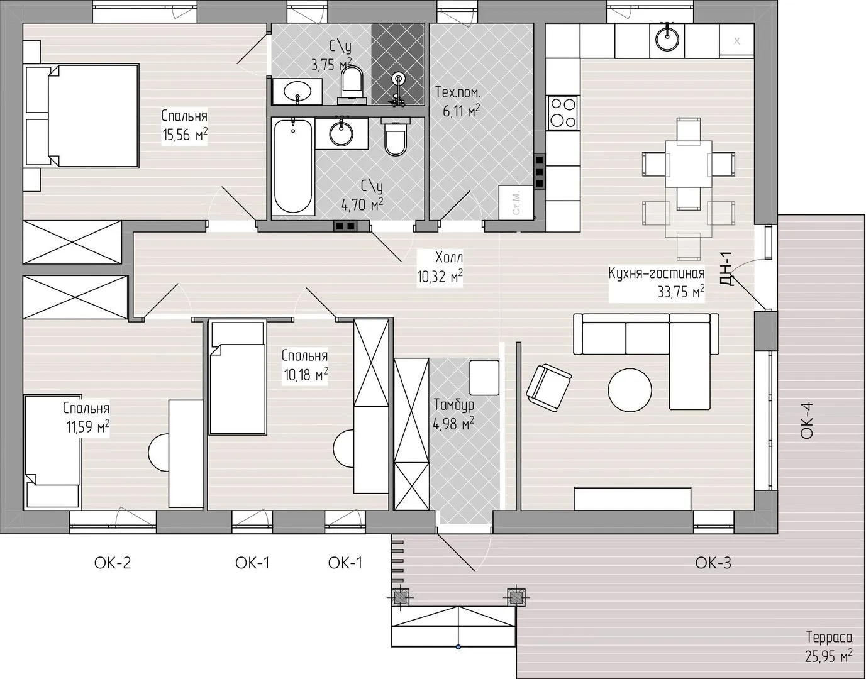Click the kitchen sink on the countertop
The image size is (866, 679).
coord(667,38)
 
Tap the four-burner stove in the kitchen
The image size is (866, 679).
coord(563,113)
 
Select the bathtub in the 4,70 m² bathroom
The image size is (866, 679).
coord(293,167)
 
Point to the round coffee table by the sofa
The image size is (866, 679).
coord(630,389)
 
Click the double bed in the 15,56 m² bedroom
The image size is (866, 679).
coord(82,116)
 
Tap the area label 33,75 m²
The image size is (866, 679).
coord(680,292)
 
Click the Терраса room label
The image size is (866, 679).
coord(830,638)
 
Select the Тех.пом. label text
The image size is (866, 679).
coord(457,92)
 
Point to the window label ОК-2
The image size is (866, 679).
coord(113,563)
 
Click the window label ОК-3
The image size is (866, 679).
coord(713,563)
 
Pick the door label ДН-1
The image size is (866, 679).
coord(726,268)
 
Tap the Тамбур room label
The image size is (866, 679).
coord(453,405)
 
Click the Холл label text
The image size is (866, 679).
coord(449,257)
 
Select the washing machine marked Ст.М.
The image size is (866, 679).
coord(516,202)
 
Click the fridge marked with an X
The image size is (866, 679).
coord(737,41)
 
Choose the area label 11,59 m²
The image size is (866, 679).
coord(87,427)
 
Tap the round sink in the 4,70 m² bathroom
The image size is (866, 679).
coord(341,133)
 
